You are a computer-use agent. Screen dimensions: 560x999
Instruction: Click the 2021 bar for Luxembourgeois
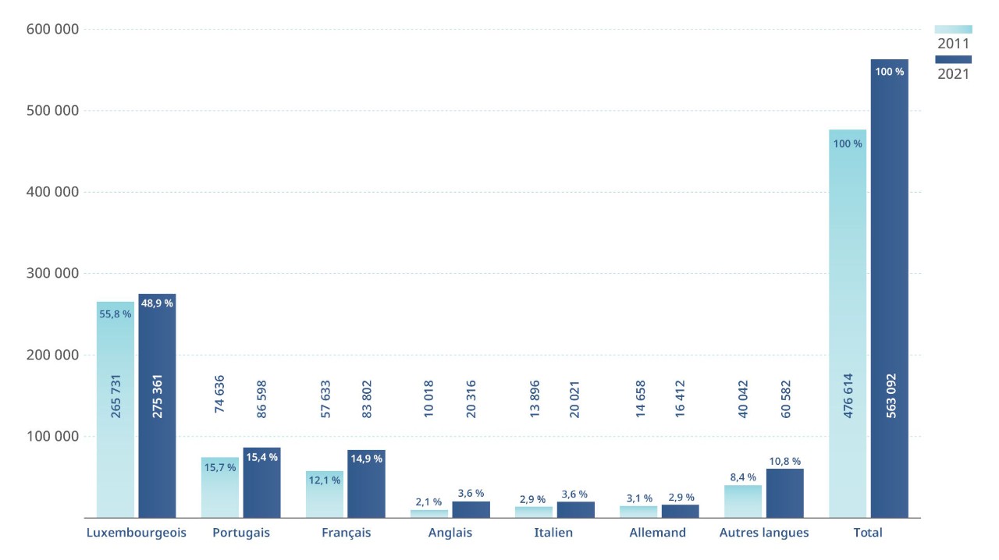pos(157,406)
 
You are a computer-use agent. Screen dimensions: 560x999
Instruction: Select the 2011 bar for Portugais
pos(219,487)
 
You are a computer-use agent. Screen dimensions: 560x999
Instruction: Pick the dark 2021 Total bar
pos(890,289)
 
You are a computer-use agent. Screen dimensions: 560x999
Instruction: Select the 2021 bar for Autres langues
pos(784,493)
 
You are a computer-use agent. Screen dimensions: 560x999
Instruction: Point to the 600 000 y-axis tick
pos(52,30)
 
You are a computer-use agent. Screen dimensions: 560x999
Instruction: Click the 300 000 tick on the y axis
pos(52,274)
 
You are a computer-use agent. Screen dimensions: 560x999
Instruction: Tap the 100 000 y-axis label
pos(52,437)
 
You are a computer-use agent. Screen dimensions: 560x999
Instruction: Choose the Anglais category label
pos(450,533)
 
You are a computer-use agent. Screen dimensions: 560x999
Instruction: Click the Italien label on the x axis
pos(553,533)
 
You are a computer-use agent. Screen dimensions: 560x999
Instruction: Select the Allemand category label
pos(657,533)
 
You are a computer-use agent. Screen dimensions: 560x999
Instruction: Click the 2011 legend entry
pos(953,43)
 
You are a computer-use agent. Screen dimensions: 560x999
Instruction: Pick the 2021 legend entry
pos(953,74)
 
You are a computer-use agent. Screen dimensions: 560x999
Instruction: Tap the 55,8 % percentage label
pos(116,314)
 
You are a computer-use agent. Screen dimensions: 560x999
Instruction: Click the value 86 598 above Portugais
pos(261,399)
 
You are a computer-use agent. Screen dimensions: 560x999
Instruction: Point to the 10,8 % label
pos(784,462)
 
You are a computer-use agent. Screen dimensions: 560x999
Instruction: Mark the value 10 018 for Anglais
pos(428,399)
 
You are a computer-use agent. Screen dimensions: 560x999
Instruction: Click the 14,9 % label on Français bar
pos(366,459)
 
